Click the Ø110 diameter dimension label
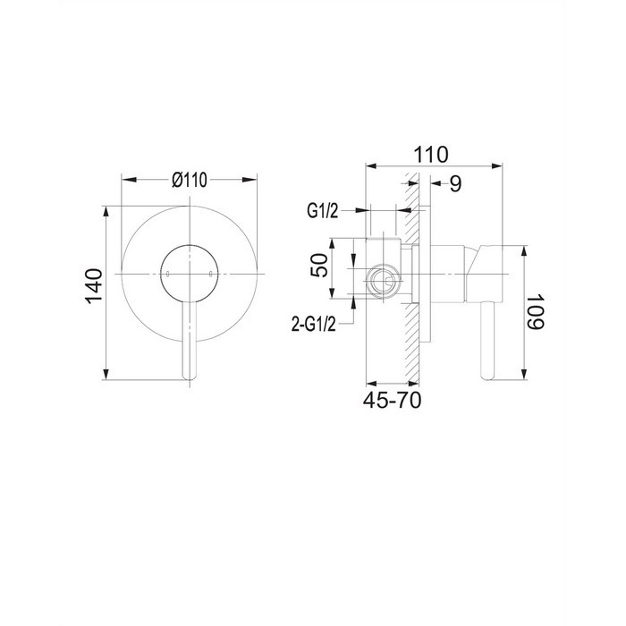[x=190, y=180]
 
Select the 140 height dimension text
[x=94, y=286]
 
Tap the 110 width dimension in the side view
[x=431, y=155]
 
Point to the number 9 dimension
[x=455, y=183]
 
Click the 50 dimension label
[x=319, y=265]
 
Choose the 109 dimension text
[x=536, y=312]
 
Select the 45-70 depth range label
[x=392, y=400]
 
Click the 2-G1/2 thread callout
[x=314, y=326]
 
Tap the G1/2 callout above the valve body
[x=322, y=211]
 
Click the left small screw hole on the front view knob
[x=168, y=274]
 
